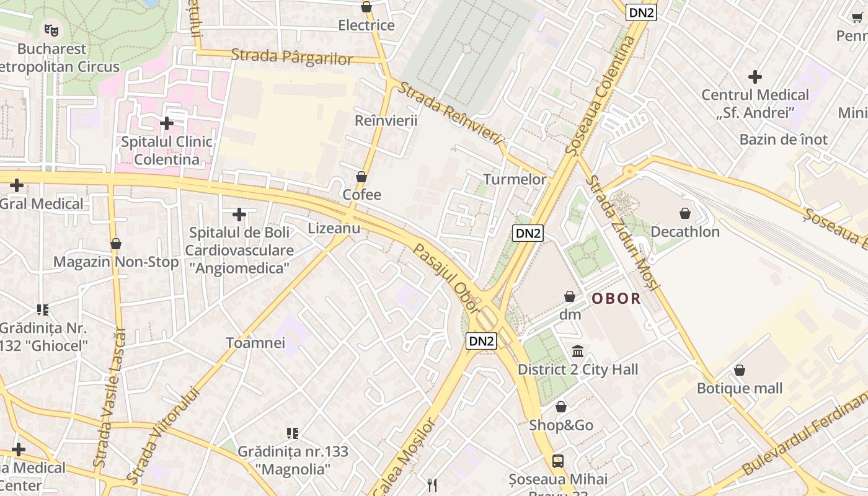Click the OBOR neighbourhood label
point(616,299)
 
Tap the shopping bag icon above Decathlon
point(685,214)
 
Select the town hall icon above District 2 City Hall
point(578,352)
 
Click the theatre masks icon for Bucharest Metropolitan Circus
point(51,29)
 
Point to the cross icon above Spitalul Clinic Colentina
point(166,123)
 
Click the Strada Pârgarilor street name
point(291,56)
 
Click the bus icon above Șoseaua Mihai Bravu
point(558,461)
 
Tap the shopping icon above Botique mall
point(739,371)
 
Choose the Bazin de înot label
point(783,139)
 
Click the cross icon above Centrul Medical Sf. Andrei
point(755,77)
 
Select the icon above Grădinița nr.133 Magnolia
point(293,433)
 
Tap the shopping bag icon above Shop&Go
point(560,407)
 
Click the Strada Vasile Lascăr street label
point(110,397)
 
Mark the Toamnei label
point(255,343)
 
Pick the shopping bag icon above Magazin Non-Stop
point(115,244)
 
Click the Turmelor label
point(515,180)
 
